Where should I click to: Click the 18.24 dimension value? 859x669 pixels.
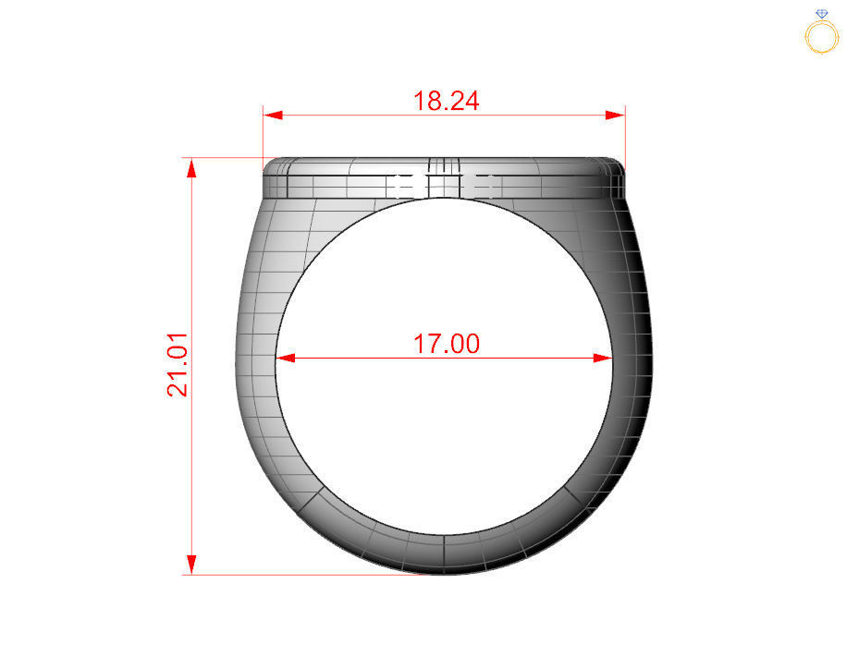(x=446, y=101)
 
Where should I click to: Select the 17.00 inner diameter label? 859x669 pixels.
(x=446, y=344)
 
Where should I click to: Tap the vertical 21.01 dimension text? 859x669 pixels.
(x=178, y=364)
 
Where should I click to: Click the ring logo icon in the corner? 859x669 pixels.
(x=822, y=33)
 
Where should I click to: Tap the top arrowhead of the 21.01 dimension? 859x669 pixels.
(x=191, y=167)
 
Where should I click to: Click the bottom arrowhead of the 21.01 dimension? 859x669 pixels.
(x=191, y=565)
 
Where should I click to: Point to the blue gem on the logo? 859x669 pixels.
(x=822, y=14)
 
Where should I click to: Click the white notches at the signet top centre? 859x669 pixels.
(x=444, y=184)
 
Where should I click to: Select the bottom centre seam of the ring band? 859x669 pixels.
(x=445, y=553)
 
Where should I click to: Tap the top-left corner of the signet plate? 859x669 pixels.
(x=267, y=164)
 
